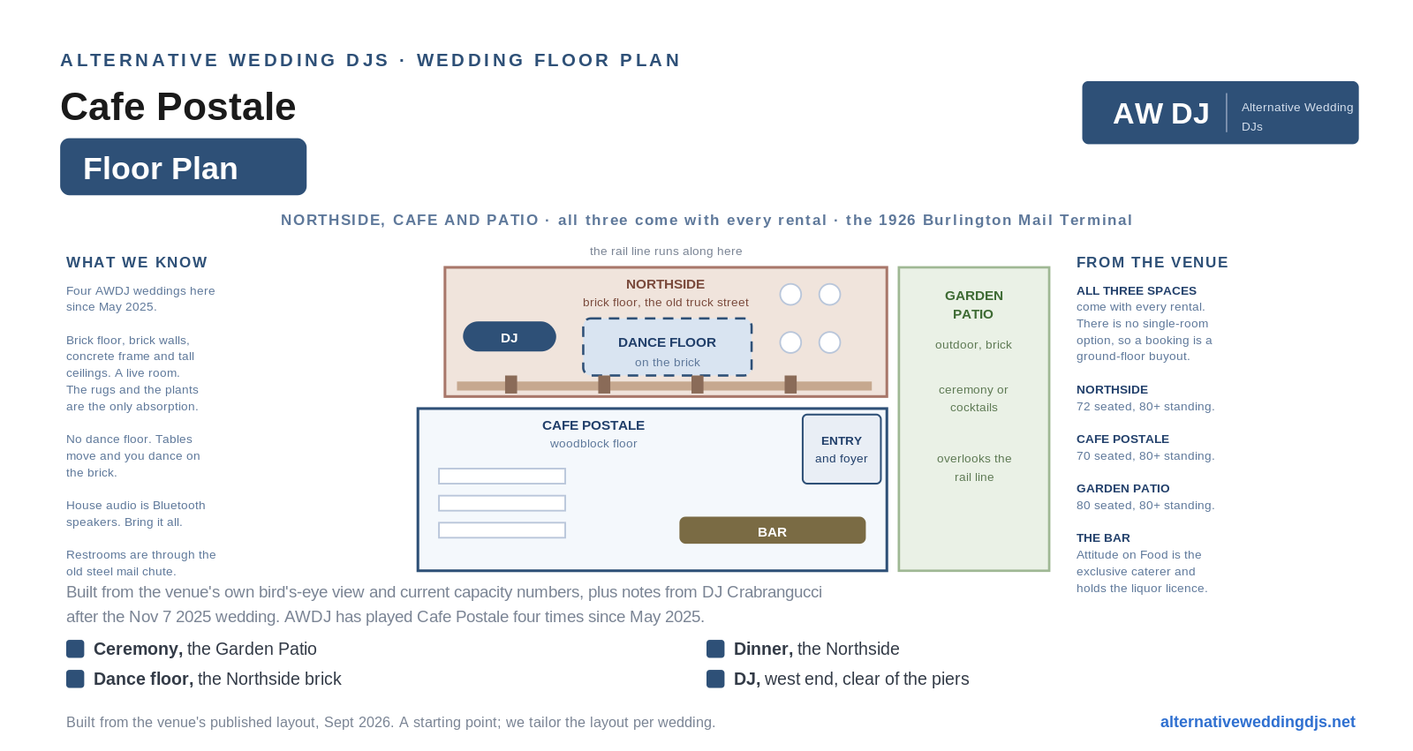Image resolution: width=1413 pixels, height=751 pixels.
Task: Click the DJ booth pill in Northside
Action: pos(509,337)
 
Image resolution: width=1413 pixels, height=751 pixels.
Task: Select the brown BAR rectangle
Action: pos(772,530)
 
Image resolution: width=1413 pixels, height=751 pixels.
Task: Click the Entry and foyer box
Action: pos(842,449)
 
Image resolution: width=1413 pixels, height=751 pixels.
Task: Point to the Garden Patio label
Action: pos(973,304)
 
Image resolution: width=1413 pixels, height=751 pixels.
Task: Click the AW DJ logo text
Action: pos(1160,114)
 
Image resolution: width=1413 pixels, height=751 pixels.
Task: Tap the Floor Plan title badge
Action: pos(183,167)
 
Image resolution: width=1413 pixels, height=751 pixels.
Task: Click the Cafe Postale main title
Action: pos(178,107)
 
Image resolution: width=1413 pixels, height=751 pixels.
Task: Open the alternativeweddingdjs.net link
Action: pos(1258,722)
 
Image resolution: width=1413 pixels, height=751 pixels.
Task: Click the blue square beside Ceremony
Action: pos(75,649)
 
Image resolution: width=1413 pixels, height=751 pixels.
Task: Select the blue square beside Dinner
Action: pos(715,649)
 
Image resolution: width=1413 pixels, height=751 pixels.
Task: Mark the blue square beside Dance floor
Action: pos(75,680)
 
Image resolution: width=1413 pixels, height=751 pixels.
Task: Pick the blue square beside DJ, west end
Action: pos(715,680)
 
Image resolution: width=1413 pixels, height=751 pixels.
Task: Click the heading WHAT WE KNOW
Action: pos(137,262)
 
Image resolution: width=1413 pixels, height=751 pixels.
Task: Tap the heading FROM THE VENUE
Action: pos(1152,262)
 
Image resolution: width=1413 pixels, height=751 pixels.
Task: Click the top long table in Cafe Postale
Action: pos(502,476)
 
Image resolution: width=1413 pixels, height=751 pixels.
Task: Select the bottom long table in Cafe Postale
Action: pos(502,530)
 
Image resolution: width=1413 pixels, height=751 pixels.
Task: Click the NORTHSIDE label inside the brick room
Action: pos(666,284)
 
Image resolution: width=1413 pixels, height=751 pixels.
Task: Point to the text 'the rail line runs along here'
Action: pos(666,251)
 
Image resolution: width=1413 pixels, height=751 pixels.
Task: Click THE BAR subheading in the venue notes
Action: pos(1103,537)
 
